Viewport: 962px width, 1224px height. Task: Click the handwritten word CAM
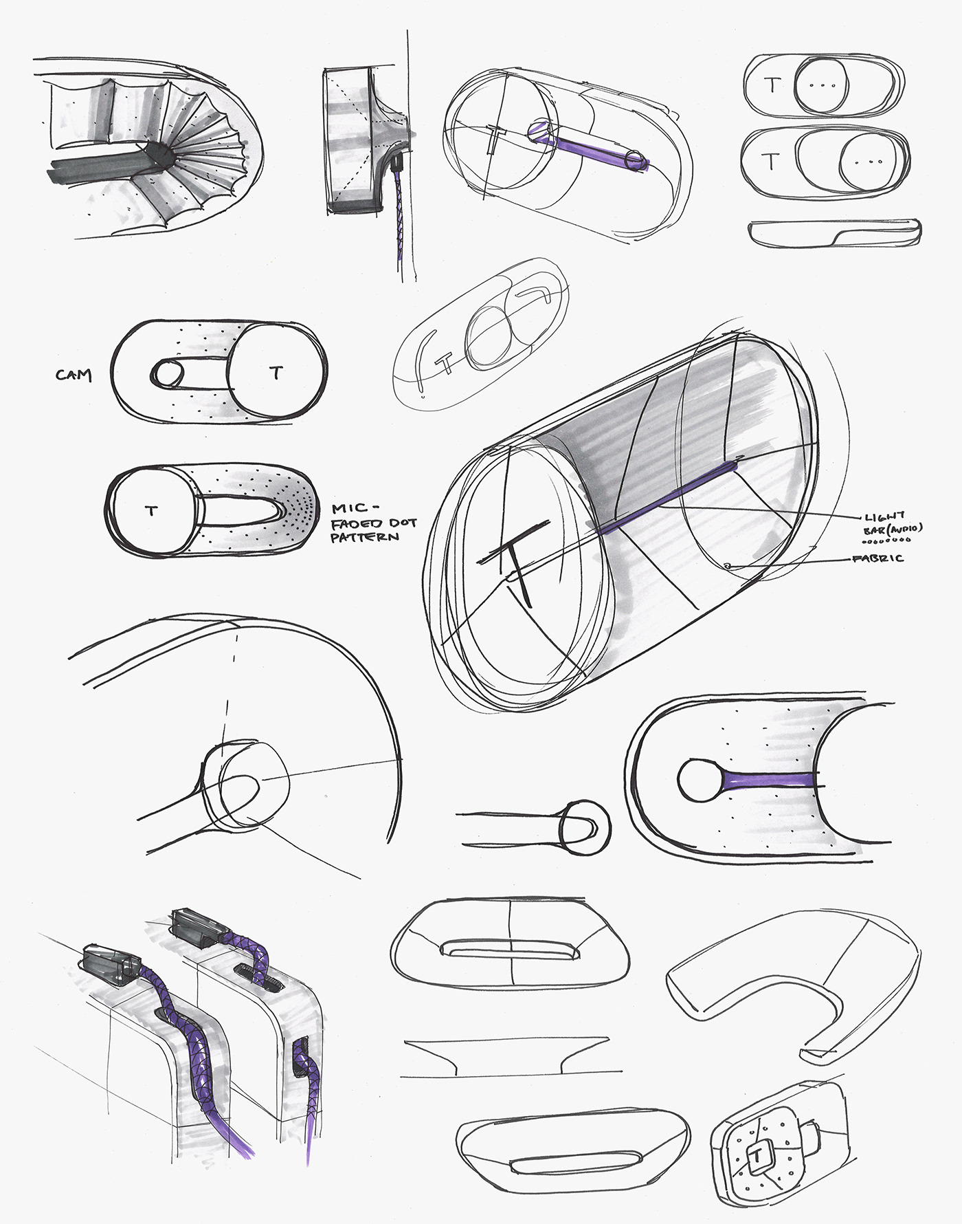coord(74,375)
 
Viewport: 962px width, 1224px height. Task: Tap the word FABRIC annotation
coord(877,558)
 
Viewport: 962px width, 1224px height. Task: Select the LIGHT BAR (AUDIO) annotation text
coord(893,522)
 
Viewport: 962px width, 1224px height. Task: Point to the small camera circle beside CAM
coord(166,375)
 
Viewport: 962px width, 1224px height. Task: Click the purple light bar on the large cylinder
coord(667,499)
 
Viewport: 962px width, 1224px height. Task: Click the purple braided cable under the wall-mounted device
coord(401,220)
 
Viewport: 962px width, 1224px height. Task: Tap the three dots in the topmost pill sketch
coord(822,87)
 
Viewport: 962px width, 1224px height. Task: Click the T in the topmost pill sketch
coord(773,85)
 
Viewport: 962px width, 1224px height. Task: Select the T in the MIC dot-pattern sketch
coord(151,510)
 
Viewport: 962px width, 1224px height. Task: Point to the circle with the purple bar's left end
coord(700,780)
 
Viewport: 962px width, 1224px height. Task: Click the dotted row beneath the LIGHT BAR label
coord(882,540)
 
